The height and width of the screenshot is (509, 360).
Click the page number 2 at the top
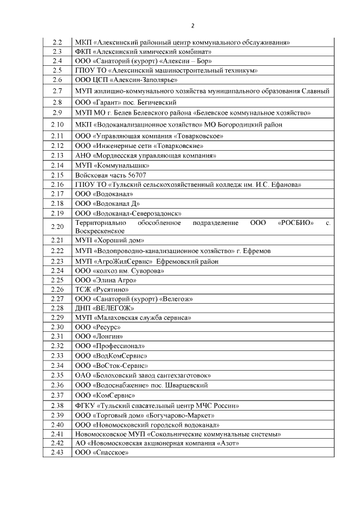click(x=192, y=25)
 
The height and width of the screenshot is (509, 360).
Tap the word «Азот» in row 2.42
click(x=226, y=443)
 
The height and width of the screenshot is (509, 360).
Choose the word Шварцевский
click(x=187, y=385)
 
